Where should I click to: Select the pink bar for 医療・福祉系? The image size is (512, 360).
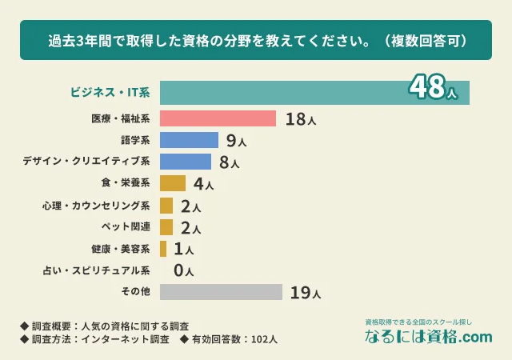click(218, 119)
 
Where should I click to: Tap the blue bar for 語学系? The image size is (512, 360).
click(189, 141)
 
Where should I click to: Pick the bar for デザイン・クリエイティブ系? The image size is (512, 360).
click(186, 162)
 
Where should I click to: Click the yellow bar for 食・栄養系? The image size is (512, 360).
click(173, 184)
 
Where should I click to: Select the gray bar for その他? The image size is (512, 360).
click(221, 291)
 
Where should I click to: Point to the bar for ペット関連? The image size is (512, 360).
click(166, 227)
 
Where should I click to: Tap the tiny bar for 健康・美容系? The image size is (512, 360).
click(163, 249)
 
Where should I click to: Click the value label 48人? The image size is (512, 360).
click(432, 88)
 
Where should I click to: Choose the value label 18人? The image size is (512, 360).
click(301, 120)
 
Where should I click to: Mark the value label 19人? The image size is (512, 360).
click(305, 293)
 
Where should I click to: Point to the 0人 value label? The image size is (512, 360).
click(183, 270)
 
